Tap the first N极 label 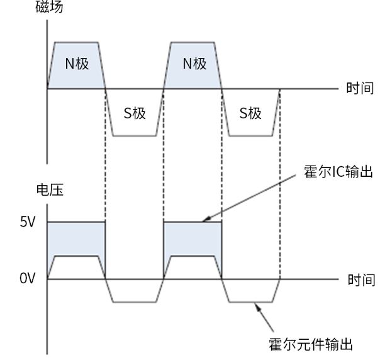(78, 64)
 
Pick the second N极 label (194, 64)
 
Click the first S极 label (134, 114)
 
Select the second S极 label (250, 114)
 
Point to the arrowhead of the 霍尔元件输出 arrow (255, 305)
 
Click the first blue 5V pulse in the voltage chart (75, 239)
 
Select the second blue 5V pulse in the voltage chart (193, 239)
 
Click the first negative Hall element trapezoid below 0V (134, 293)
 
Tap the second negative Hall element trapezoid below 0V (250, 293)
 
